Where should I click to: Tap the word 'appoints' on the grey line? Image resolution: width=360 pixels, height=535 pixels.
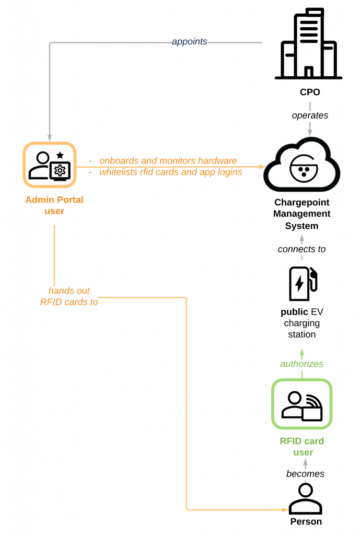point(190,42)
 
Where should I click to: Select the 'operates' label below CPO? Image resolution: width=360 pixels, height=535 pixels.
point(310,115)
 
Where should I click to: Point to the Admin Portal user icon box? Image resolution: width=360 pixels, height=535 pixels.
point(50,165)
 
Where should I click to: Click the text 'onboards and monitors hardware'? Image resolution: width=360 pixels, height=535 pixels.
point(168,161)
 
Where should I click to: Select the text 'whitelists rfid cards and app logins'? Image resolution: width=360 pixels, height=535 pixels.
point(171,172)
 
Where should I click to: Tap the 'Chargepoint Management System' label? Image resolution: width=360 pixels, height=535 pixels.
point(302,214)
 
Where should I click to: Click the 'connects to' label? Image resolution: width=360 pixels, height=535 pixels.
point(301,249)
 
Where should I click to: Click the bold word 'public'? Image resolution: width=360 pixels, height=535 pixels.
point(294,312)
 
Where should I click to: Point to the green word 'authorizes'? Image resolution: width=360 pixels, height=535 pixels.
point(302,364)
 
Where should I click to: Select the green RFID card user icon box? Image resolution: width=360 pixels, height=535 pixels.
point(302,404)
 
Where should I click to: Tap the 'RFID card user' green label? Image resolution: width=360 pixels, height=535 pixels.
point(302,447)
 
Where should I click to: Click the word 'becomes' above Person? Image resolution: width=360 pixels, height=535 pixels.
point(305,474)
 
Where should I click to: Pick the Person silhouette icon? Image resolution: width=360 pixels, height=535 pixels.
point(306,499)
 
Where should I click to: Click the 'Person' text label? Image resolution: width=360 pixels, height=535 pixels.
point(306,521)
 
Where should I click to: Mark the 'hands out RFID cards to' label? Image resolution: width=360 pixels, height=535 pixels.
point(69,296)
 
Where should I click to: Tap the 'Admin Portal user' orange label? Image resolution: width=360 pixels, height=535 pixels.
point(54,205)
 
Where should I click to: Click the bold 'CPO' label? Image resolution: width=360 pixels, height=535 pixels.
point(310,92)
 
